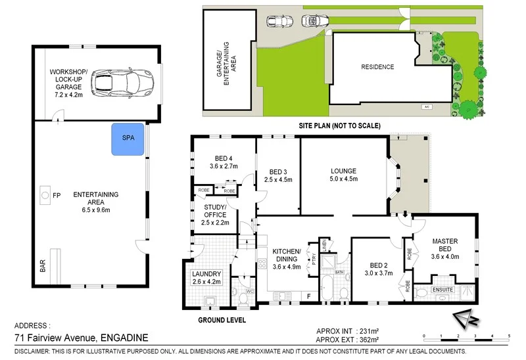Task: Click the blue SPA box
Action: pos(128,139)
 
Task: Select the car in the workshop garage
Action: pos(121,81)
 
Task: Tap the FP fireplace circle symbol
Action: pos(45,195)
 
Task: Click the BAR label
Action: pos(43,265)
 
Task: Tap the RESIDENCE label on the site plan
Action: pos(377,67)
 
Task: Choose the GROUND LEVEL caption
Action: pos(223,321)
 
